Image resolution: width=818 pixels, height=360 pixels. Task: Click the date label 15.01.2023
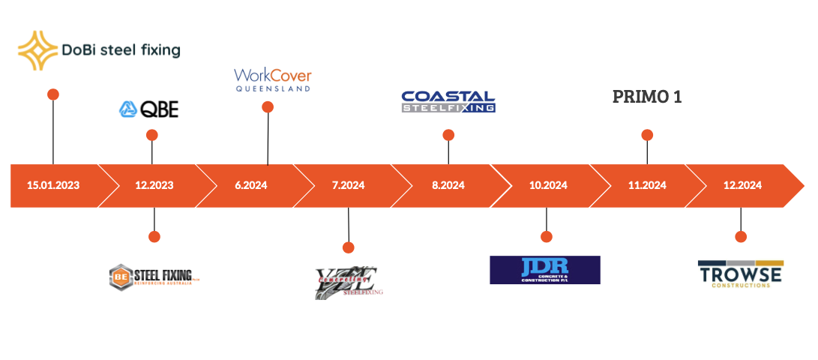click(53, 185)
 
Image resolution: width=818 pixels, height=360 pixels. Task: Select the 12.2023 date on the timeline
click(155, 185)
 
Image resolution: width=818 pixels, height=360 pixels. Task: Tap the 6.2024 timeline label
click(250, 185)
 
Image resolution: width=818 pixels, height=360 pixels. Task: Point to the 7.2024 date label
click(348, 185)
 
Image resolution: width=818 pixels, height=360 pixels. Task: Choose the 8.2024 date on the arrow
click(448, 185)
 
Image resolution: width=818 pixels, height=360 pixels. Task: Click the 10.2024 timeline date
click(547, 185)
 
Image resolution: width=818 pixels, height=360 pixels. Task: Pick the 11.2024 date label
click(647, 185)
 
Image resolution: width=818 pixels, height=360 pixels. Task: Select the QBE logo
click(149, 109)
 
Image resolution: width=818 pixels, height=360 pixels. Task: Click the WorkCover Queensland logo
click(272, 79)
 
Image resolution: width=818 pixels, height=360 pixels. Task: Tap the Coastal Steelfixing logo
click(448, 102)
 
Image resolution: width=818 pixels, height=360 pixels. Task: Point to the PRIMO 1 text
click(647, 97)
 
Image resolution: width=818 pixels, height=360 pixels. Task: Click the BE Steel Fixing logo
click(155, 276)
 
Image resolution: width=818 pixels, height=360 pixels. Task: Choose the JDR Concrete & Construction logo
click(545, 270)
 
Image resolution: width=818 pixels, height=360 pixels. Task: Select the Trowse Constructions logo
click(740, 274)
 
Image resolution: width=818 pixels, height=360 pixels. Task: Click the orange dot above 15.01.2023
click(52, 94)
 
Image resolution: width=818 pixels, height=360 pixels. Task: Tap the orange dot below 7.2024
click(348, 247)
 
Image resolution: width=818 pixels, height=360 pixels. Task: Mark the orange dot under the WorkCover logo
click(268, 107)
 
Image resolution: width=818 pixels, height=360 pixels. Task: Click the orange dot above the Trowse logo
click(741, 236)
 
